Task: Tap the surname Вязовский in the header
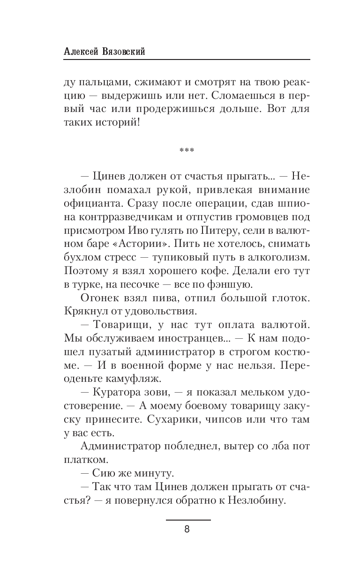point(123,52)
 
